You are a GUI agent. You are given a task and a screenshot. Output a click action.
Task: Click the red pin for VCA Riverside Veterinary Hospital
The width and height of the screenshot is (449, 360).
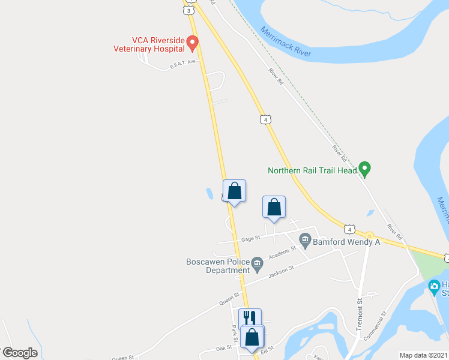[x=192, y=43]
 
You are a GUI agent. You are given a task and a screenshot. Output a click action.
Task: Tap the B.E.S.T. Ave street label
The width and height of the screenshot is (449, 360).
[x=183, y=64]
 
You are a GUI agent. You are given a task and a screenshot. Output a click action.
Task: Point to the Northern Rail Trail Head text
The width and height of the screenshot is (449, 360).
[x=312, y=170]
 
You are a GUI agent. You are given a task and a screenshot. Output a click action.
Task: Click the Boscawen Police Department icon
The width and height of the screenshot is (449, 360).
[x=257, y=262]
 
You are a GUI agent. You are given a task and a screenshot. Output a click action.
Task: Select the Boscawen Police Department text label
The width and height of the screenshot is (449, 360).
[x=218, y=266]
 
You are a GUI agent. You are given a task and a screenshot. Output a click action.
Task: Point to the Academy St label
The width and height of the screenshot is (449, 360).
[x=286, y=252]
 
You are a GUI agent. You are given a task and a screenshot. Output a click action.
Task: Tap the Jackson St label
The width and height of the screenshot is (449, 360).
[x=280, y=271]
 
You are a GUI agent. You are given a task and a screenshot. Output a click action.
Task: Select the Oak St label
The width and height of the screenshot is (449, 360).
[x=224, y=347]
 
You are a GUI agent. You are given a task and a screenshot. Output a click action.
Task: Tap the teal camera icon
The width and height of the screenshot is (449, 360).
[x=434, y=287]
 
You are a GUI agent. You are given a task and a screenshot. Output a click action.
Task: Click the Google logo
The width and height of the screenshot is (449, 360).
[x=20, y=353]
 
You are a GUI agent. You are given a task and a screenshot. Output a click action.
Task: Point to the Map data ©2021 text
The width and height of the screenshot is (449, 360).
[x=423, y=355]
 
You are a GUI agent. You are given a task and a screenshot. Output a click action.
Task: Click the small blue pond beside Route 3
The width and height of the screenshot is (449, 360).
[x=209, y=194]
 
